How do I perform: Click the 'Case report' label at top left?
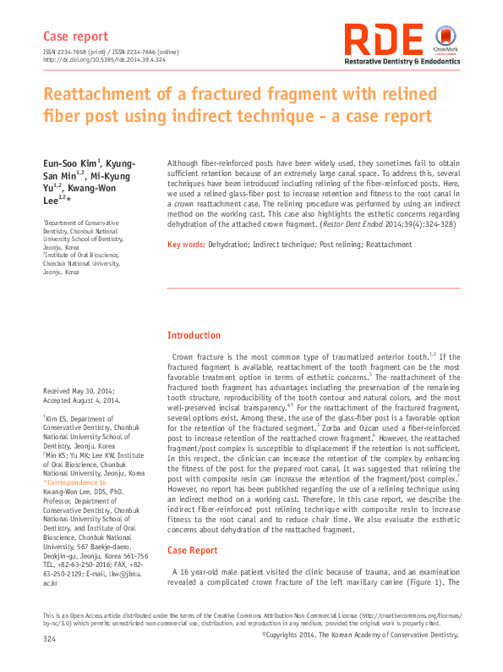point(75,36)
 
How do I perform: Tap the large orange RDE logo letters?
point(385,41)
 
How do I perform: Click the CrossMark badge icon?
point(445,38)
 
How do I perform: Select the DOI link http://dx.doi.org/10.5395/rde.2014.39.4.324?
point(103,60)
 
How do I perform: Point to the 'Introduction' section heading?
point(194,336)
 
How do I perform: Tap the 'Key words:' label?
point(186,245)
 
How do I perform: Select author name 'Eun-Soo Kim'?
point(70,162)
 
